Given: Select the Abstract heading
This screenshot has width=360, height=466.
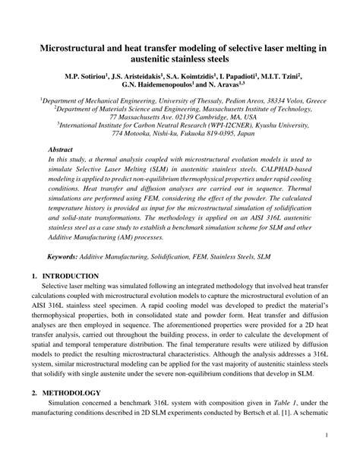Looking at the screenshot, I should click(x=61, y=151).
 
